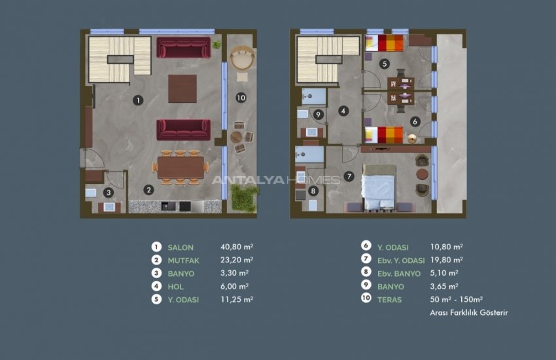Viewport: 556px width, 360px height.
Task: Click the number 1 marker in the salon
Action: coord(137,100)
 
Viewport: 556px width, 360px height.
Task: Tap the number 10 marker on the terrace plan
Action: coord(241,98)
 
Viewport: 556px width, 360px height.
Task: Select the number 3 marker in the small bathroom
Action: coord(109,192)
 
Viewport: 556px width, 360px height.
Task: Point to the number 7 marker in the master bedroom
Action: coord(349,176)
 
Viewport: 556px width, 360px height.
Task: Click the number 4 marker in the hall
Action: coord(343,111)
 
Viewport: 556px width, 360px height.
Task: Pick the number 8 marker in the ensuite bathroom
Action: coord(313,191)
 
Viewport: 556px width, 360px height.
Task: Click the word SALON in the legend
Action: coord(180,247)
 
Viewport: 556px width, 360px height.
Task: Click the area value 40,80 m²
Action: coord(237,247)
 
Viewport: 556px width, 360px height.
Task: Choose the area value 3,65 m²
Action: coord(445,286)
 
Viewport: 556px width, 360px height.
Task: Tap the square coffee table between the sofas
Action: coord(182,88)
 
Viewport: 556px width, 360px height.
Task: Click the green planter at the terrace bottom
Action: coord(245,196)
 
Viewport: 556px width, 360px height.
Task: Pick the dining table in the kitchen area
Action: coord(181,168)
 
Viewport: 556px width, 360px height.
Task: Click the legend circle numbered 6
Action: coord(366,247)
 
